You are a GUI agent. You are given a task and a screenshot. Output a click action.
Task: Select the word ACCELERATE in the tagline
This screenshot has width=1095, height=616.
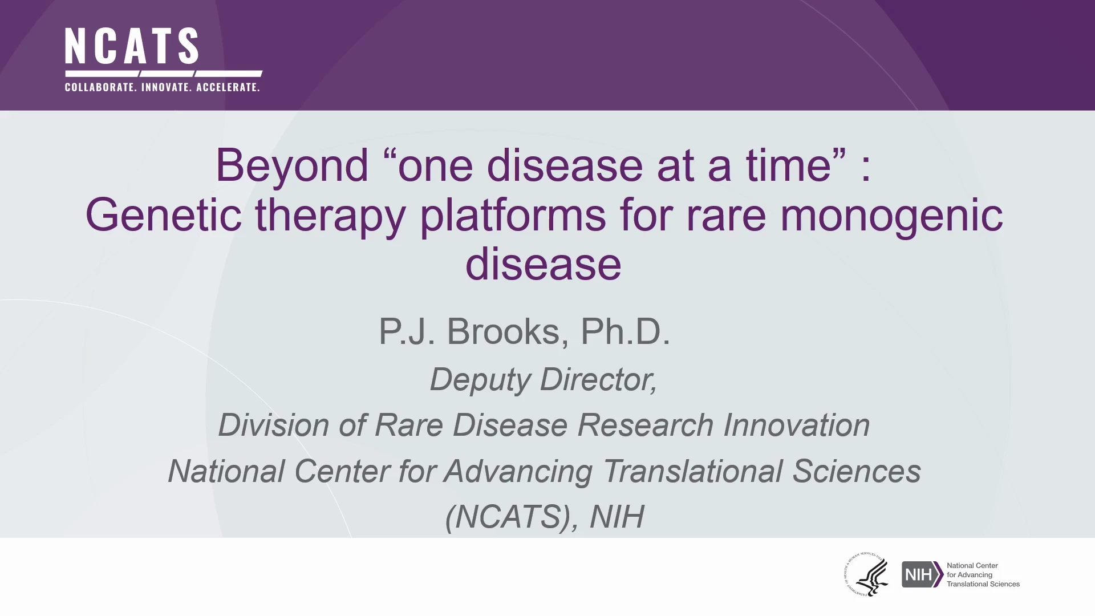228,87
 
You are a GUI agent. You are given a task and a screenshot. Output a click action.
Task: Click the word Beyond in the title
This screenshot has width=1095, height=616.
292,167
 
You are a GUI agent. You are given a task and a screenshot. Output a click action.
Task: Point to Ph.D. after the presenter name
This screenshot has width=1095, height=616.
625,331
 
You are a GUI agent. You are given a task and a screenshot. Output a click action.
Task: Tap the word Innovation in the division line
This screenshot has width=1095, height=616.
797,425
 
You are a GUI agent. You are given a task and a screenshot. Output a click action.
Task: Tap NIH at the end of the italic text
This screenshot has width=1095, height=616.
617,517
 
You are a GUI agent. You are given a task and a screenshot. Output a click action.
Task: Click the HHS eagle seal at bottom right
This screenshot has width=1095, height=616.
866,574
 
